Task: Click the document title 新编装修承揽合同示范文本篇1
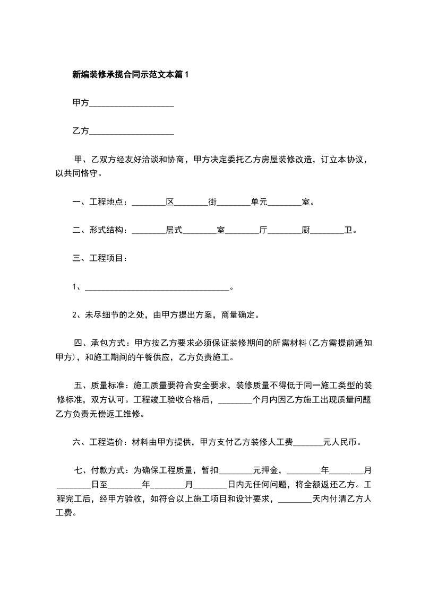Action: click(x=130, y=75)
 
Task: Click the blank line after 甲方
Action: click(x=132, y=103)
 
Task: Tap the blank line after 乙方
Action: click(x=132, y=131)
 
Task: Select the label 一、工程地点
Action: click(x=99, y=202)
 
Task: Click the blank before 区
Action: click(x=148, y=203)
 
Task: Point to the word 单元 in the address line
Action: click(x=259, y=202)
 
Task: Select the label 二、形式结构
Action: click(x=99, y=230)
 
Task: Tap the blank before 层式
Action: click(x=148, y=231)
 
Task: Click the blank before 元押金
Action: click(x=236, y=470)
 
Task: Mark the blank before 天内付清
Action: click(x=295, y=499)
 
